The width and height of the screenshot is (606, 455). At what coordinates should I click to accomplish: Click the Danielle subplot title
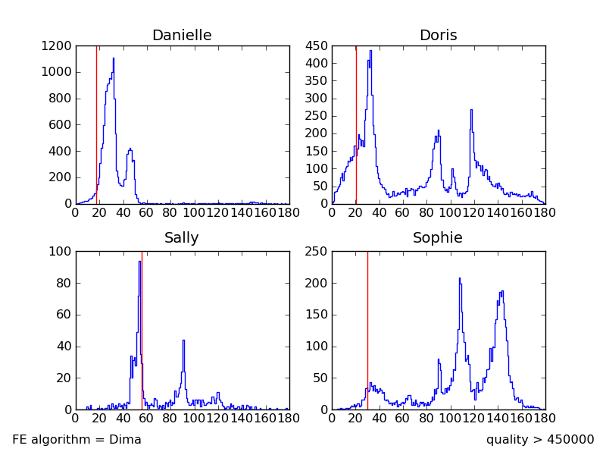[x=182, y=36]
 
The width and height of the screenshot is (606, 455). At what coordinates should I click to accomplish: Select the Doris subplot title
[x=438, y=36]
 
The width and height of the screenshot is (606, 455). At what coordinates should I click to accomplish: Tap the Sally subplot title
[x=182, y=238]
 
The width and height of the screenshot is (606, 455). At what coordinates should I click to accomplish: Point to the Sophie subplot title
[x=438, y=238]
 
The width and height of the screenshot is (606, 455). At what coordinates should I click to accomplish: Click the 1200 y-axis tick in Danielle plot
[x=58, y=46]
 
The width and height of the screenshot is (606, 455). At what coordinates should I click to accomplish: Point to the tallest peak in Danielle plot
[x=114, y=58]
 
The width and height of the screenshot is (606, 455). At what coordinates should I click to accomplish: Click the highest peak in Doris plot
[x=370, y=51]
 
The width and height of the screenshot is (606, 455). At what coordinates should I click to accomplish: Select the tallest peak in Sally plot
[x=139, y=262]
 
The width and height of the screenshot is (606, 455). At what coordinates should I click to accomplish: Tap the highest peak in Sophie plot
[x=459, y=278]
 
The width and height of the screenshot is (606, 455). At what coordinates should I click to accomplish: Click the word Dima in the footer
[x=126, y=440]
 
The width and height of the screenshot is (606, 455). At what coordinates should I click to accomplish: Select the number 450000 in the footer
[x=567, y=440]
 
